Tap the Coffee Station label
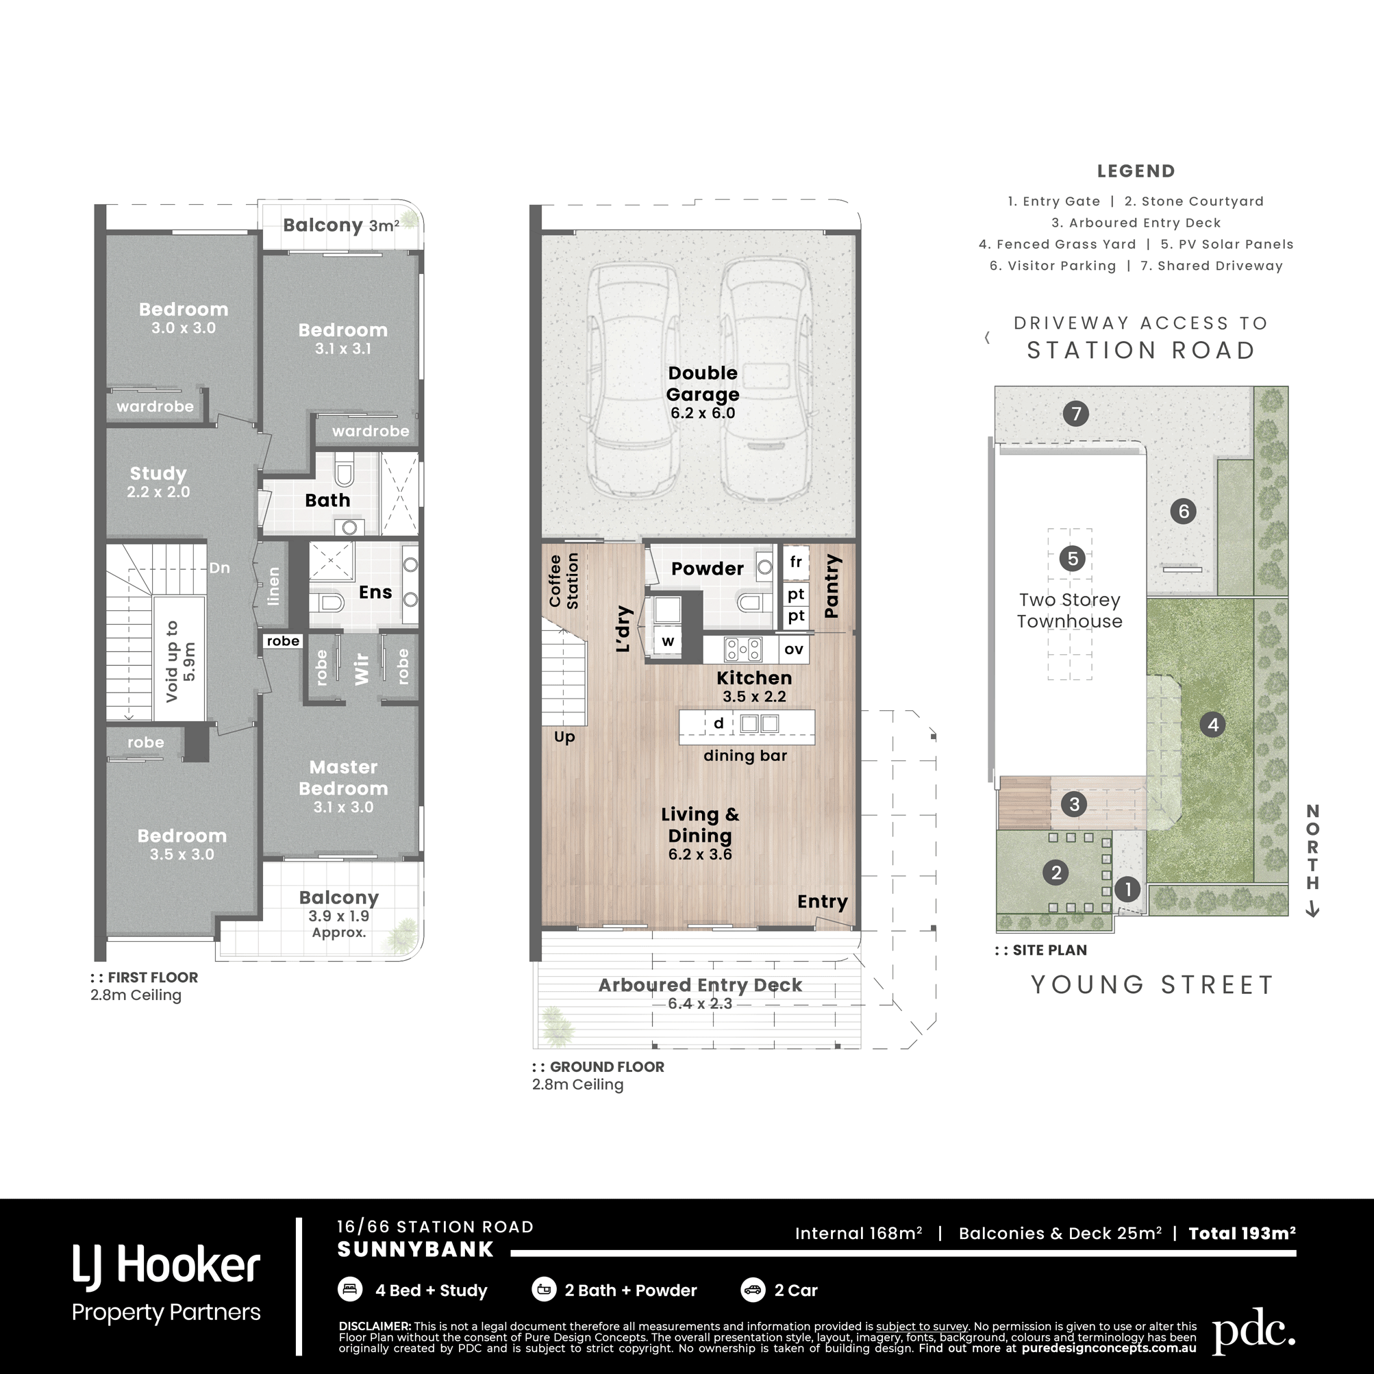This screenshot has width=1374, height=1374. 563,581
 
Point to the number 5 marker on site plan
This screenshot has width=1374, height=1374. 1073,558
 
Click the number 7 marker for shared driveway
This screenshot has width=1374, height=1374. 1076,413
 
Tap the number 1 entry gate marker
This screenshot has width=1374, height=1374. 1127,888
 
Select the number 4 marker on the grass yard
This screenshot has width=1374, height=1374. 1212,725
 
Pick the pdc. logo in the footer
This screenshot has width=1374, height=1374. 1254,1334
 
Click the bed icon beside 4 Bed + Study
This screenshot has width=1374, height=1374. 350,1288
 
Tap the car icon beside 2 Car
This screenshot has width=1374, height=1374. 753,1288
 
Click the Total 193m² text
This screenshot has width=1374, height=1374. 1242,1233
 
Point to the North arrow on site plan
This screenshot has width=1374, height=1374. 1313,910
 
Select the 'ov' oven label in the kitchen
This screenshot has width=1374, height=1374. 794,649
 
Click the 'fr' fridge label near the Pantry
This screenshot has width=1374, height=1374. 796,562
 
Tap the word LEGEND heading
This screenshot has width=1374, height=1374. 1136,171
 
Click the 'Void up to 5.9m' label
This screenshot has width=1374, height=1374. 180,662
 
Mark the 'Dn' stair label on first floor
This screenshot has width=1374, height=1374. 219,568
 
